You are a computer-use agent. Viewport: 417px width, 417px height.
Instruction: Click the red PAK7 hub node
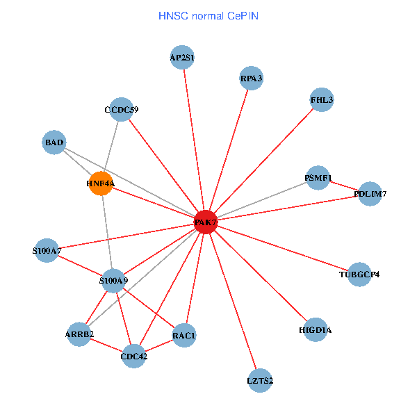(x=206, y=222)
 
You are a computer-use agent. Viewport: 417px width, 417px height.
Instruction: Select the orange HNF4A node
(x=101, y=183)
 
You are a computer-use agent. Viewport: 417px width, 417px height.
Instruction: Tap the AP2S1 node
(x=182, y=58)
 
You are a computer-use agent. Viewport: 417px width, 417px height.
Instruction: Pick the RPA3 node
(x=251, y=79)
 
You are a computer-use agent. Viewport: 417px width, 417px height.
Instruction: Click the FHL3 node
(x=322, y=100)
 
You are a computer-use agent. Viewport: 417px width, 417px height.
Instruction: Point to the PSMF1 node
(x=318, y=178)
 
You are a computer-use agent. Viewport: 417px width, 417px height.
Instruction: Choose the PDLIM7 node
(x=369, y=194)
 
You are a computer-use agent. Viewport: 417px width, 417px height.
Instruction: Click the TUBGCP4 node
(x=359, y=274)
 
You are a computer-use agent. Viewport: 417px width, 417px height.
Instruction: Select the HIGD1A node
(x=315, y=329)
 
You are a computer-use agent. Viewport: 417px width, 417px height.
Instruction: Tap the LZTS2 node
(x=260, y=380)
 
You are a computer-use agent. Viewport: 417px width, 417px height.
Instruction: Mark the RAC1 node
(x=184, y=336)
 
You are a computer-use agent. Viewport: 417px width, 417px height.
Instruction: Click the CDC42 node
(x=134, y=357)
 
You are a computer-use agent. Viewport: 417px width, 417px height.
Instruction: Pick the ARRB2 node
(x=80, y=334)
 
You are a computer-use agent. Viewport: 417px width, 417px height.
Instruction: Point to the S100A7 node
(x=47, y=250)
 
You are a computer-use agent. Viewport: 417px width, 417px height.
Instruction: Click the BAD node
(x=54, y=143)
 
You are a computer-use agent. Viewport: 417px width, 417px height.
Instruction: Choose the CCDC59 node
(x=122, y=109)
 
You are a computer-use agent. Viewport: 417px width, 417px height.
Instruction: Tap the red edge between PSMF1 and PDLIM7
(x=343, y=186)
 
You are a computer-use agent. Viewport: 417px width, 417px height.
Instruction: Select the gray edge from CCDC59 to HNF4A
(x=111, y=146)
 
